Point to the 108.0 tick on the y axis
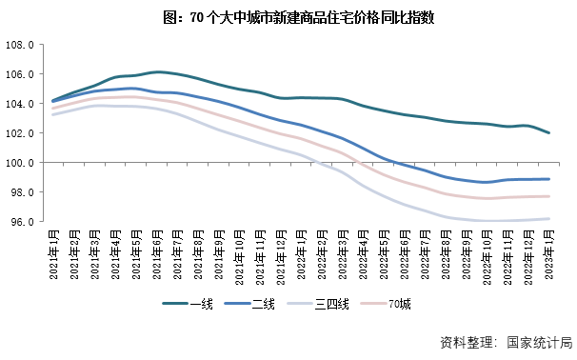[x=20, y=45]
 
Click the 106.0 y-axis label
[x=20, y=74]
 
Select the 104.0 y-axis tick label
[x=20, y=104]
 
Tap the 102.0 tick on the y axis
[x=20, y=133]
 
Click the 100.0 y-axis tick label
[x=20, y=163]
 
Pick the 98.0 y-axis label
[x=22, y=192]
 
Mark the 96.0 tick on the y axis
[x=22, y=222]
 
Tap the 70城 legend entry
[x=399, y=304]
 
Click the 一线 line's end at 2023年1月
[x=548, y=133]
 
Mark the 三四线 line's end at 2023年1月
[x=548, y=219]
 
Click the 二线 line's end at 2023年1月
[x=548, y=179]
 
